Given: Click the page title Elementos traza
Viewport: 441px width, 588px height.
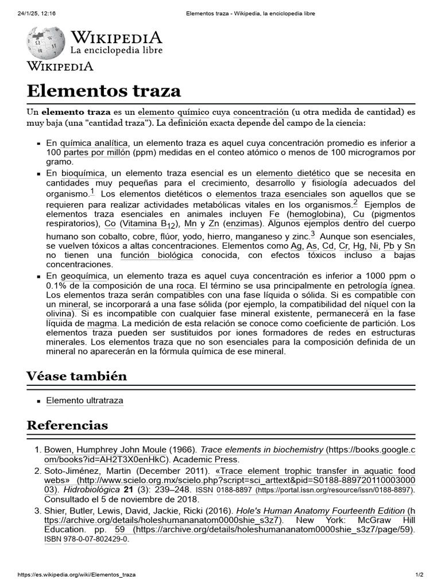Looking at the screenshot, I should (x=104, y=90).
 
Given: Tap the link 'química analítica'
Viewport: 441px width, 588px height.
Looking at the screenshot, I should (x=95, y=143).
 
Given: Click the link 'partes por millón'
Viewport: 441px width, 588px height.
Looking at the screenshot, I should (x=97, y=153).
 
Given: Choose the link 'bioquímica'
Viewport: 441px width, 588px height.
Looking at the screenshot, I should (x=83, y=173).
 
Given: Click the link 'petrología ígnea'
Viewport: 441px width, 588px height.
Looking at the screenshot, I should (x=381, y=285).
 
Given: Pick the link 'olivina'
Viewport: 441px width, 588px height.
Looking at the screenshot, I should (x=60, y=314).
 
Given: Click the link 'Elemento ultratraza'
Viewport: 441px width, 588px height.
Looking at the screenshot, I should (x=84, y=400).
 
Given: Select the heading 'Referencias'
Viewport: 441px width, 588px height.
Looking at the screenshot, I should (x=67, y=425).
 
